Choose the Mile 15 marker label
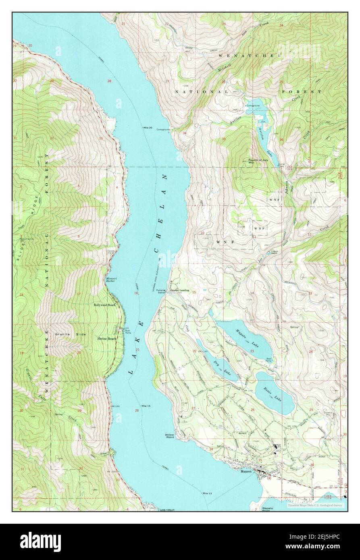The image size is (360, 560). pyautogui.click(x=146, y=405)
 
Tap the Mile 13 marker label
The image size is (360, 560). pyautogui.click(x=208, y=493)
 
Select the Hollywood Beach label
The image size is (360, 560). pyautogui.click(x=104, y=305)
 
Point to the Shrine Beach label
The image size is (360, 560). pyautogui.click(x=106, y=339)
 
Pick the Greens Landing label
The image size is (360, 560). pyautogui.click(x=180, y=290)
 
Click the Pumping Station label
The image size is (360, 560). pyautogui.click(x=161, y=291)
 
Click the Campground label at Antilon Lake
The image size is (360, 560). pyautogui.click(x=253, y=106)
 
